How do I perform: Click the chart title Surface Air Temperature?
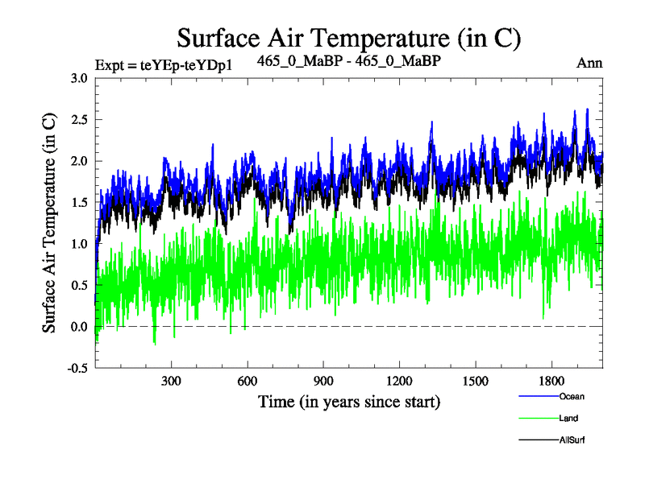[x=348, y=37]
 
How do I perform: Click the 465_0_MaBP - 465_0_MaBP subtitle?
[x=348, y=61]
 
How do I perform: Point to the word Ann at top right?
[x=590, y=63]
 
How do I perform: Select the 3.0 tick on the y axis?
[x=79, y=78]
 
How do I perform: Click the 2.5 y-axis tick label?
[x=79, y=120]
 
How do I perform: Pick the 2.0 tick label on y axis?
[x=79, y=161]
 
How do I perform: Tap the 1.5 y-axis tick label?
[x=79, y=203]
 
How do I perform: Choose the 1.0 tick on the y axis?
[x=79, y=244]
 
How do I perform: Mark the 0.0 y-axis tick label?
[x=79, y=327]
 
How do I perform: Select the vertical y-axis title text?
[x=49, y=223]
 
